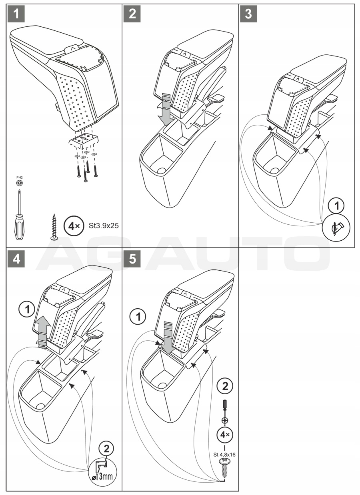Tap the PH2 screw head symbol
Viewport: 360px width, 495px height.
19,183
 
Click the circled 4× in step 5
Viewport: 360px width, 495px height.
224,435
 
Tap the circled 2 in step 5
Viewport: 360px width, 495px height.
224,386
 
